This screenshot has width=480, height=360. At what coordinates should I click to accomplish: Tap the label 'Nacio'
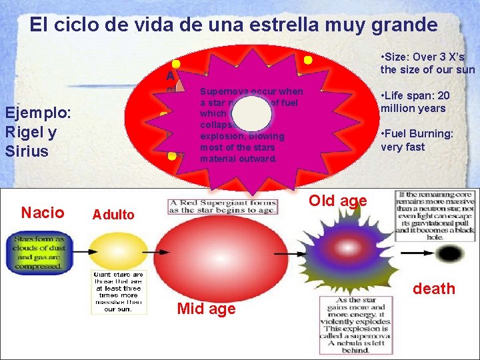point(43,213)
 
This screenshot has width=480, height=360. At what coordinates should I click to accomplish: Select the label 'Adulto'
point(113,215)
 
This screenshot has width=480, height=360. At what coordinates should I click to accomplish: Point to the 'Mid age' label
point(206,309)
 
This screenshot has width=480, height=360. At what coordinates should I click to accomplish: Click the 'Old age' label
point(337,201)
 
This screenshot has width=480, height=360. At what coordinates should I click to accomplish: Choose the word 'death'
point(434,289)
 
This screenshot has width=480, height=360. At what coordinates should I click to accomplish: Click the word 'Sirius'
point(27,151)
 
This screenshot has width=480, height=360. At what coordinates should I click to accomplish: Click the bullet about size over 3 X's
point(427,63)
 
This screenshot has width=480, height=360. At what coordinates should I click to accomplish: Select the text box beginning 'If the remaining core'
point(435,211)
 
